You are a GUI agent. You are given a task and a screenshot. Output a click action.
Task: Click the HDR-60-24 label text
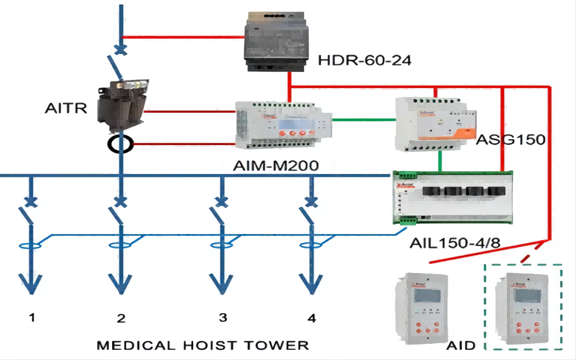click(x=364, y=60)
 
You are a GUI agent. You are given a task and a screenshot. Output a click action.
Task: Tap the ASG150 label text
click(x=510, y=140)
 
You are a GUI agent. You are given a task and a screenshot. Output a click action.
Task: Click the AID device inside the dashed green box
click(x=522, y=310)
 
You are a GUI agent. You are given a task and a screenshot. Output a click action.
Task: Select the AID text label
click(x=461, y=346)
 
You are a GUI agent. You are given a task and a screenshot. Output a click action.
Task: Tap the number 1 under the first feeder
click(x=32, y=318)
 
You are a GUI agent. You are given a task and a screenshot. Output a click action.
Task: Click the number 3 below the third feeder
click(x=223, y=318)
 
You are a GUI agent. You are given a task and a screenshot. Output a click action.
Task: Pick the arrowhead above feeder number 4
click(x=311, y=282)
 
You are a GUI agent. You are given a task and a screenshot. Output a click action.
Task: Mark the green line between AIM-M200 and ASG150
click(x=364, y=119)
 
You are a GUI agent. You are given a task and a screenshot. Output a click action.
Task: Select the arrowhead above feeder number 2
click(x=122, y=282)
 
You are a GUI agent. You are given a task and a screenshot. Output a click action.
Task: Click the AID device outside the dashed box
click(x=422, y=308)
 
